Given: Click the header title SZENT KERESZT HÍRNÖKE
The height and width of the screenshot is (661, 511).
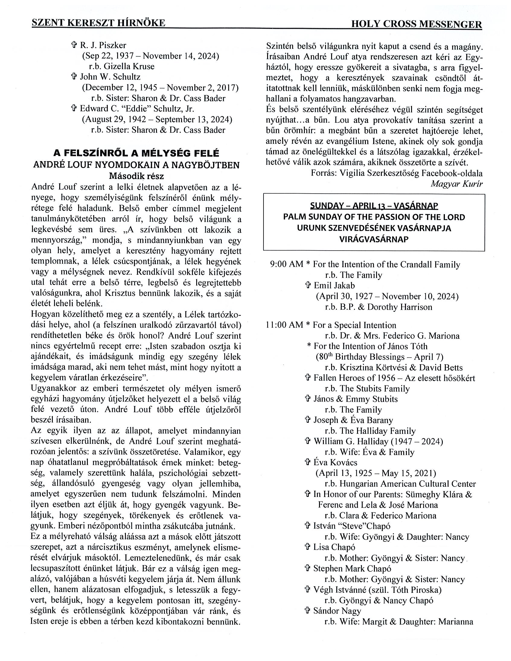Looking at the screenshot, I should [x=98, y=23].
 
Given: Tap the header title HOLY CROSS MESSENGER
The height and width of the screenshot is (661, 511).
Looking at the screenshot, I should [x=416, y=24].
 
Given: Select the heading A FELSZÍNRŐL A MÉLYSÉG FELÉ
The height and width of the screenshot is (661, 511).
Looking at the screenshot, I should [x=136, y=153].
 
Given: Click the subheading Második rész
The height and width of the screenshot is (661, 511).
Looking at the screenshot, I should [x=136, y=176].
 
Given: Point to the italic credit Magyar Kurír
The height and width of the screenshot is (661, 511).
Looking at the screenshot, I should [x=456, y=184].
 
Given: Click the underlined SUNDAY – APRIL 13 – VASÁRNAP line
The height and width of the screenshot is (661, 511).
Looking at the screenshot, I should [x=374, y=206].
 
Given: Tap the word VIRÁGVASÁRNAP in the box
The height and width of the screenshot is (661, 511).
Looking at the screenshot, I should [x=374, y=239].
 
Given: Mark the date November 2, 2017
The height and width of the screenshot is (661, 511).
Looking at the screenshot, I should [x=202, y=88].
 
